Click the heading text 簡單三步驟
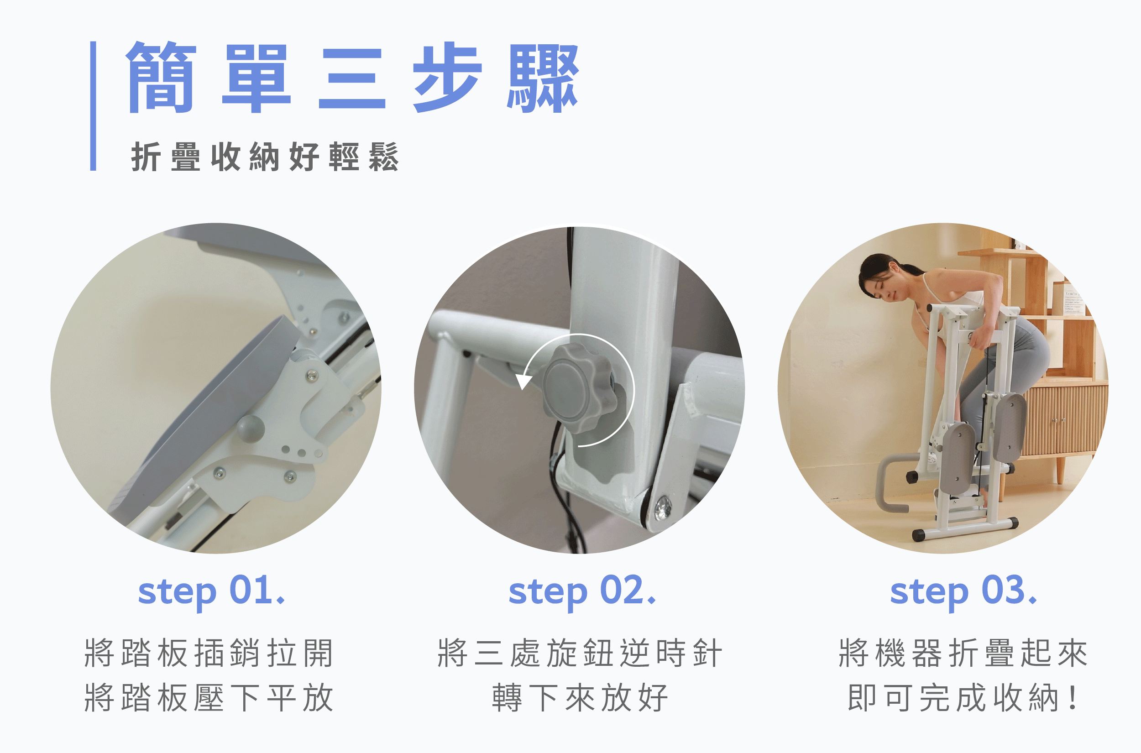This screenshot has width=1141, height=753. click(352, 77)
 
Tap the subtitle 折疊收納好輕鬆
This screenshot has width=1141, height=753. click(265, 157)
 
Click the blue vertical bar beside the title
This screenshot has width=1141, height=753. click(93, 106)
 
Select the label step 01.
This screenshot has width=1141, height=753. click(211, 592)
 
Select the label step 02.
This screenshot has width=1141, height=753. click(582, 592)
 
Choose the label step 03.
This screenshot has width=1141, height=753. click(963, 592)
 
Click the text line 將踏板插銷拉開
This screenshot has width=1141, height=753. click(209, 653)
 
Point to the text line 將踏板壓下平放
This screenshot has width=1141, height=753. click(209, 698)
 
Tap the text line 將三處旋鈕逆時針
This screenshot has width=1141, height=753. click(580, 653)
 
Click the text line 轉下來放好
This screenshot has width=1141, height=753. click(580, 698)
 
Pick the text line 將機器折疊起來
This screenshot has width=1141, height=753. click(963, 653)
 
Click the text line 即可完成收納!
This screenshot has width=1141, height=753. click(963, 698)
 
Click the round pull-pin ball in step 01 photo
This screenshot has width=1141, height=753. click(251, 429)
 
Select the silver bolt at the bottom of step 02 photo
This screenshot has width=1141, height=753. click(663, 507)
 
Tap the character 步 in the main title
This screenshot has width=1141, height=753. click(448, 77)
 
